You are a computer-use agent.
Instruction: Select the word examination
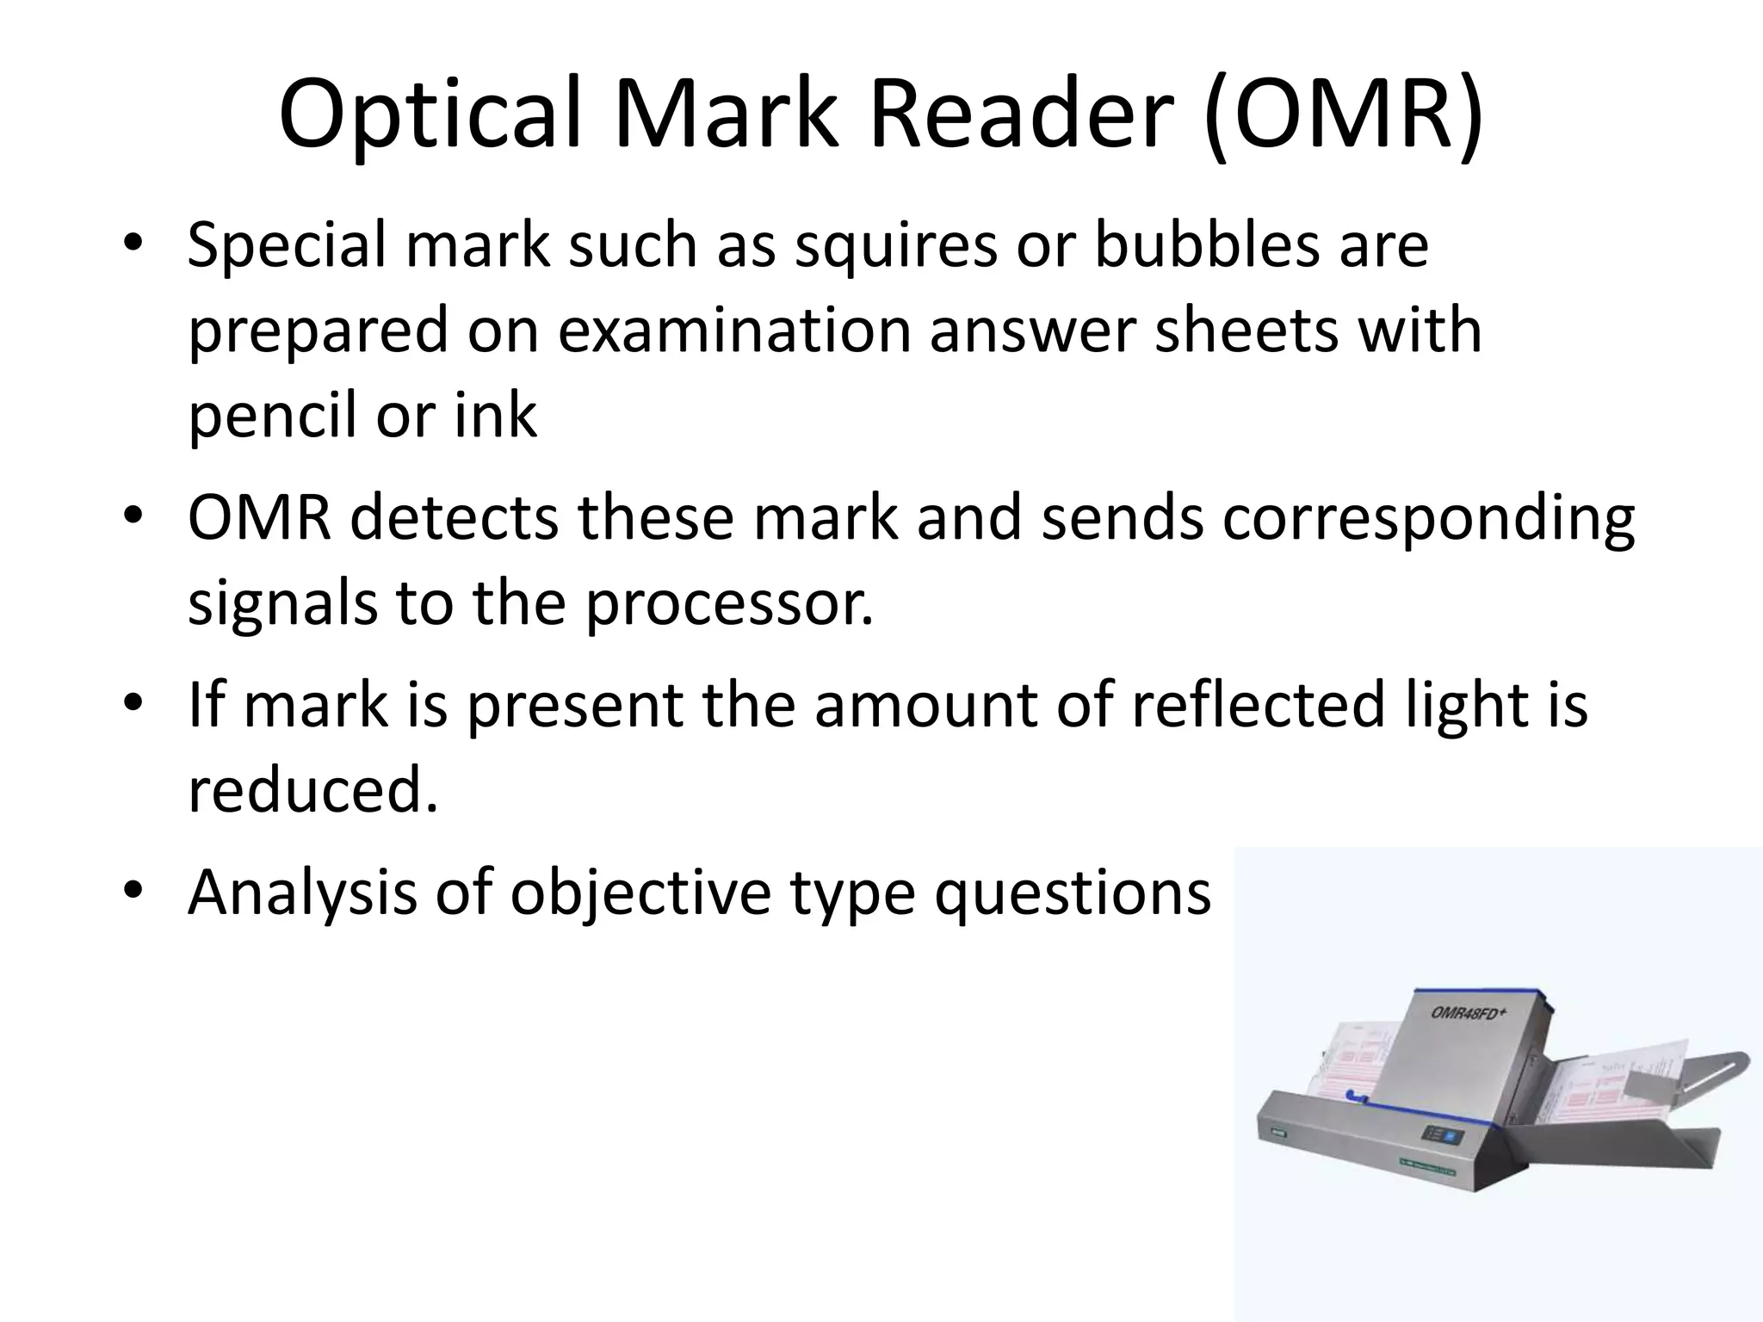(x=733, y=330)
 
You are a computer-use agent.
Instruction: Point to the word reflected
(x=1259, y=704)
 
